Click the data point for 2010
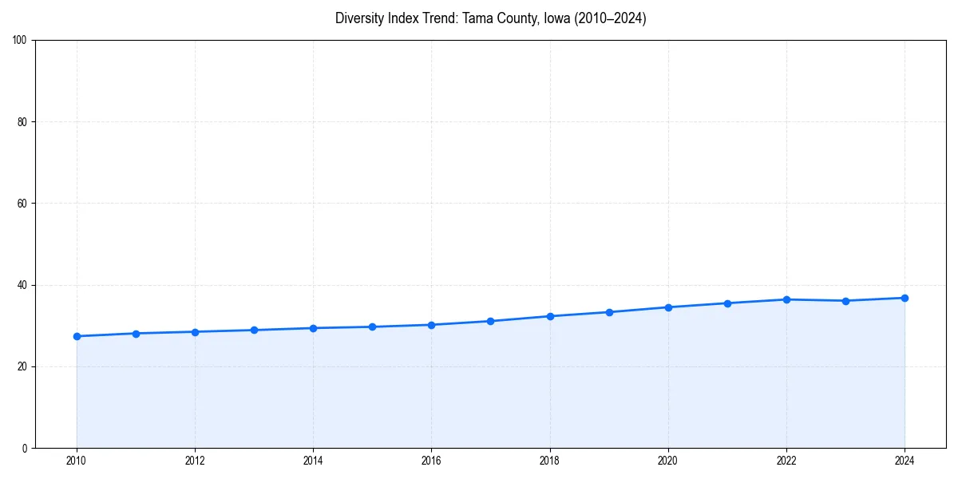pyautogui.click(x=77, y=336)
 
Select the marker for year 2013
pyautogui.click(x=254, y=330)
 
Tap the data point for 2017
pyautogui.click(x=491, y=321)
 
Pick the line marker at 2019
pyautogui.click(x=609, y=312)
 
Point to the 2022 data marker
pyautogui.click(x=786, y=299)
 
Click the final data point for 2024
pyautogui.click(x=905, y=298)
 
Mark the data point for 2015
pyautogui.click(x=372, y=327)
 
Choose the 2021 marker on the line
pyautogui.click(x=727, y=303)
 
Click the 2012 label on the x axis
pyautogui.click(x=195, y=461)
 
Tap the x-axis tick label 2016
pyautogui.click(x=431, y=461)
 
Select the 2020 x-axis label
pyautogui.click(x=668, y=461)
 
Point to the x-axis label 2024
pyautogui.click(x=905, y=461)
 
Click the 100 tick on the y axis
pyautogui.click(x=21, y=41)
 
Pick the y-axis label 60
pyautogui.click(x=23, y=204)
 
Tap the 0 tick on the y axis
pyautogui.click(x=26, y=448)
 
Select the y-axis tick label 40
pyautogui.click(x=23, y=285)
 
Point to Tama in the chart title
pyautogui.click(x=478, y=18)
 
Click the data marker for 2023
pyautogui.click(x=845, y=301)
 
